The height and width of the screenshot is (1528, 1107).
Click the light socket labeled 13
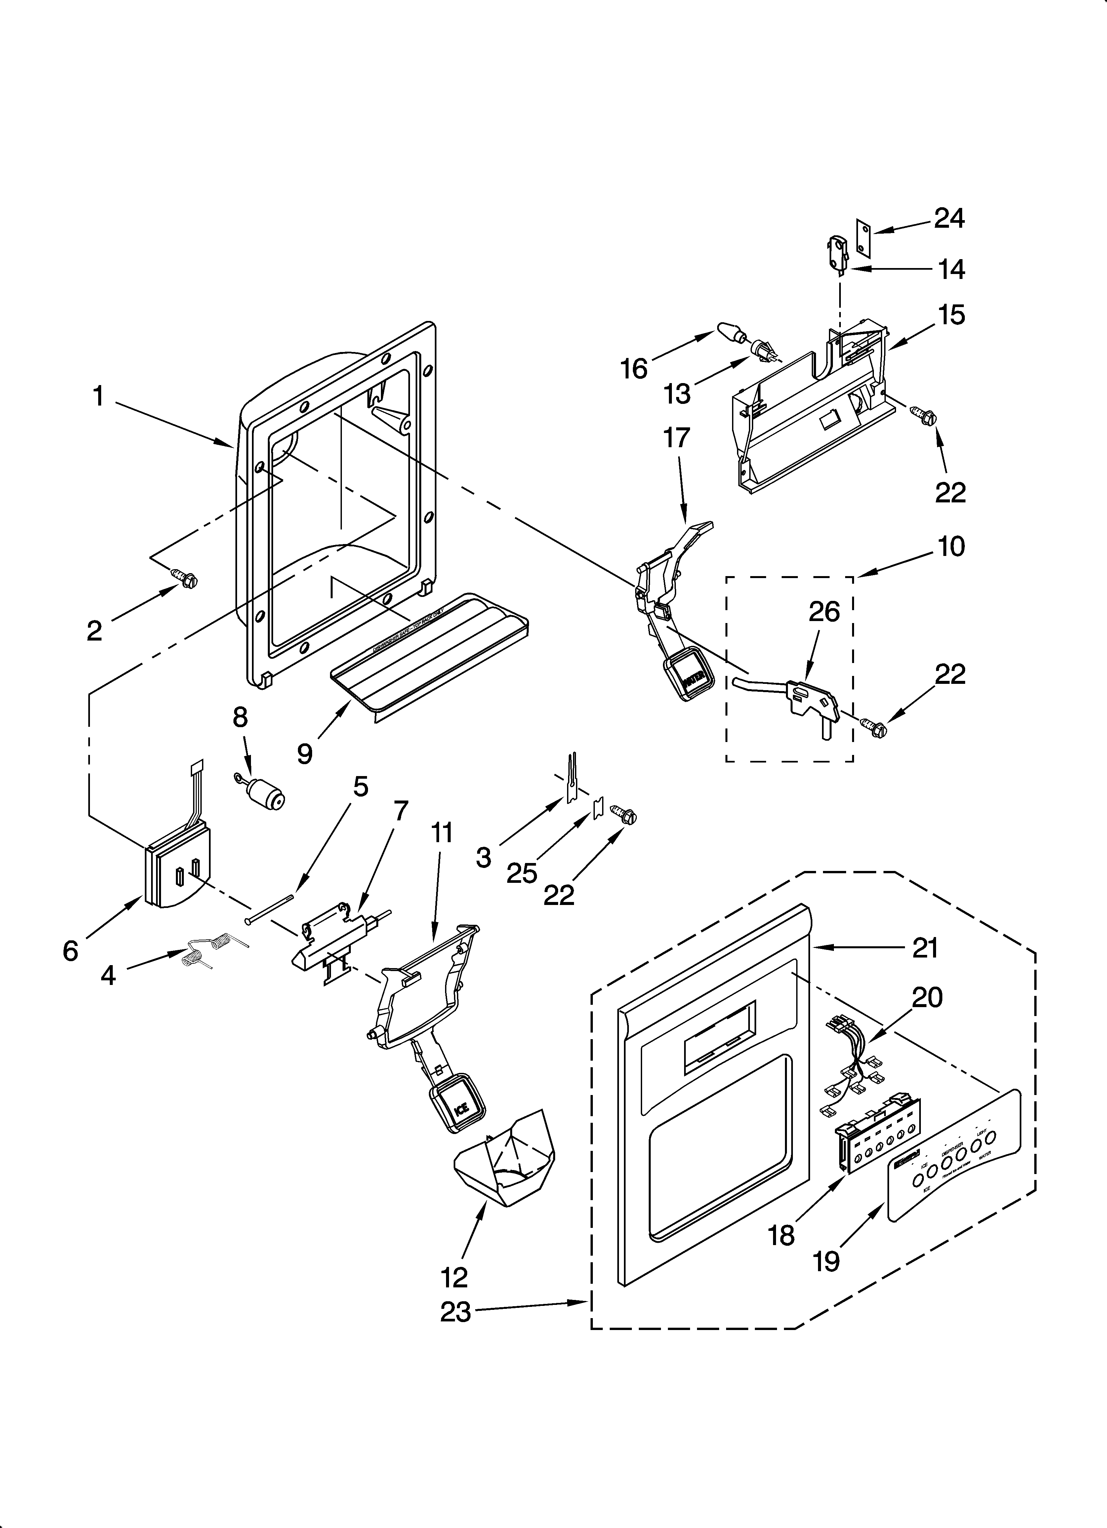tap(762, 350)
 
